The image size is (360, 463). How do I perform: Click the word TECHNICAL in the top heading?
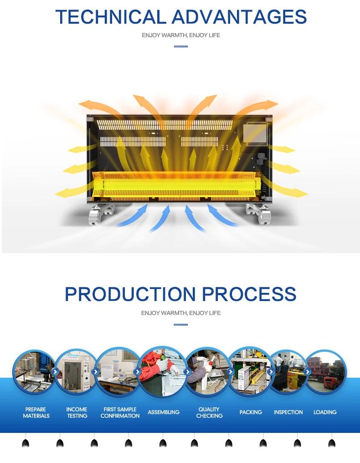(x=111, y=17)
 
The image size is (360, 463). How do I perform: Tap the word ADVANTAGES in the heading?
(x=239, y=17)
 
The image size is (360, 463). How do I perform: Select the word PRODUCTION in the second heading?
(x=131, y=294)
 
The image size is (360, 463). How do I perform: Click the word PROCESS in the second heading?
(x=249, y=294)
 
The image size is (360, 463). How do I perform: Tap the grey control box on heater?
(x=253, y=135)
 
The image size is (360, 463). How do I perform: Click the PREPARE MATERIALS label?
(x=36, y=412)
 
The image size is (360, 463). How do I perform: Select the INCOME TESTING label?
(x=77, y=412)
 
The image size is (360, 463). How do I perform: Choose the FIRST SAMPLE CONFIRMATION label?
(x=120, y=412)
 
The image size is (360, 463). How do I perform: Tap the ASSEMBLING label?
(x=164, y=412)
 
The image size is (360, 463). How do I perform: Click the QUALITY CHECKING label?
(x=209, y=412)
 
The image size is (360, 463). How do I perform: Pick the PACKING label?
(x=251, y=412)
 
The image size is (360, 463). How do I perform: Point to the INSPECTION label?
(x=288, y=412)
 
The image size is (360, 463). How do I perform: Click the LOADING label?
(x=325, y=412)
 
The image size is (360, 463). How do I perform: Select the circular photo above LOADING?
(x=325, y=371)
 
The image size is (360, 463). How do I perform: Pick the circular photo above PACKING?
(x=250, y=371)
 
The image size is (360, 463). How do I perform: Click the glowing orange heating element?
(x=180, y=185)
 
